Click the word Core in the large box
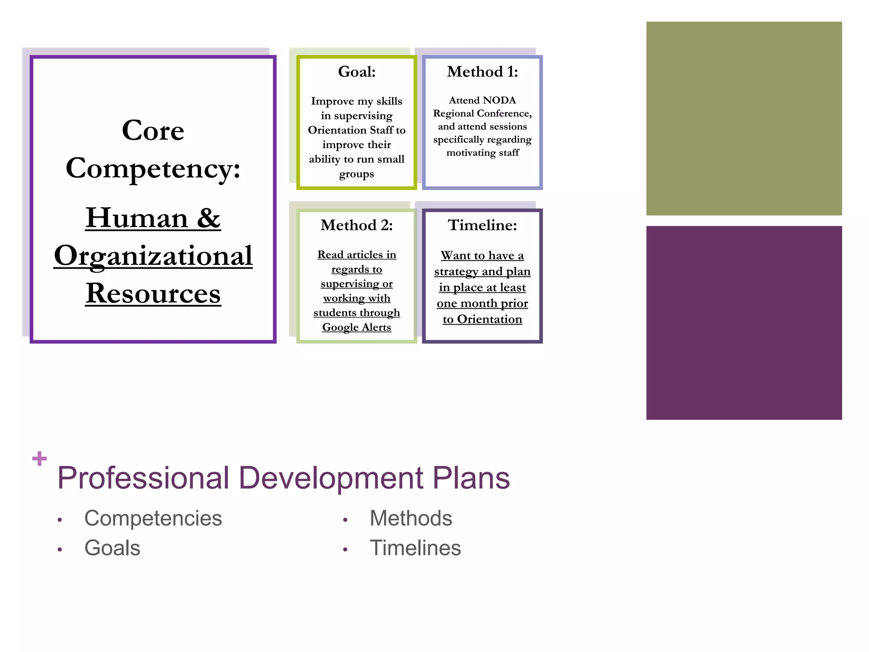pos(153,130)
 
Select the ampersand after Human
pos(208,218)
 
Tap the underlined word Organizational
pos(153,256)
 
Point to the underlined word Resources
pos(153,293)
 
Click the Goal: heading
pos(356,72)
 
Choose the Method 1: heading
pos(482,72)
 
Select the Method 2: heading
pos(356,225)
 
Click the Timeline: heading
pos(482,225)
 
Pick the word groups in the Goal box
pos(356,174)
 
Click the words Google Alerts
pos(356,327)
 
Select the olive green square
pos(744,118)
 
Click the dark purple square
pos(744,323)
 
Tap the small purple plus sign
pos(39,458)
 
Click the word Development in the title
pos(331,478)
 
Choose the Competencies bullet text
pos(153,518)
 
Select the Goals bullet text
pos(112,548)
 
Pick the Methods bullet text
pos(411,518)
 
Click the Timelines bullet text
pos(415,548)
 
